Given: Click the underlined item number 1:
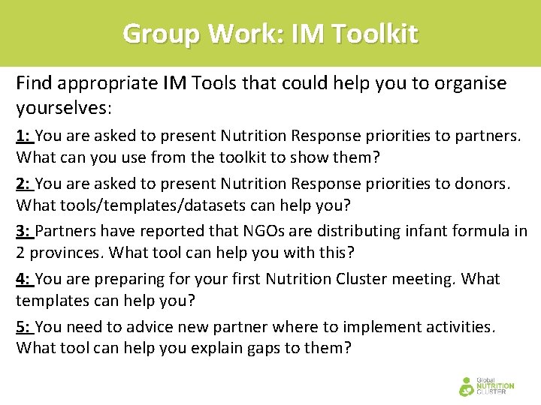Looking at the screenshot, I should [x=24, y=136].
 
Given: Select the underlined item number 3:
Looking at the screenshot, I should [x=24, y=231].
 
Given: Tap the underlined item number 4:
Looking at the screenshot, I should [x=24, y=279].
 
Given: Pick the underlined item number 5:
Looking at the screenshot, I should [x=24, y=327].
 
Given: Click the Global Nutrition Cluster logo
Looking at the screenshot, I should [x=486, y=385].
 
